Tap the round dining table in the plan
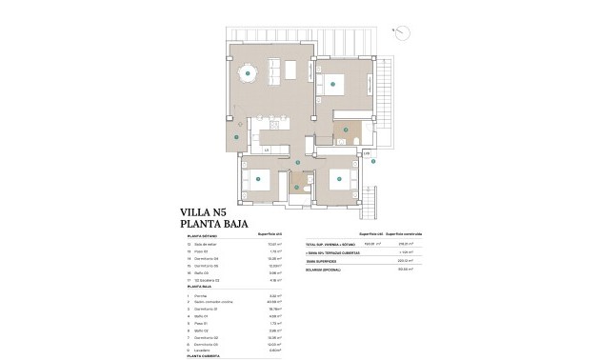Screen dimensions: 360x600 pos(248,71)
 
